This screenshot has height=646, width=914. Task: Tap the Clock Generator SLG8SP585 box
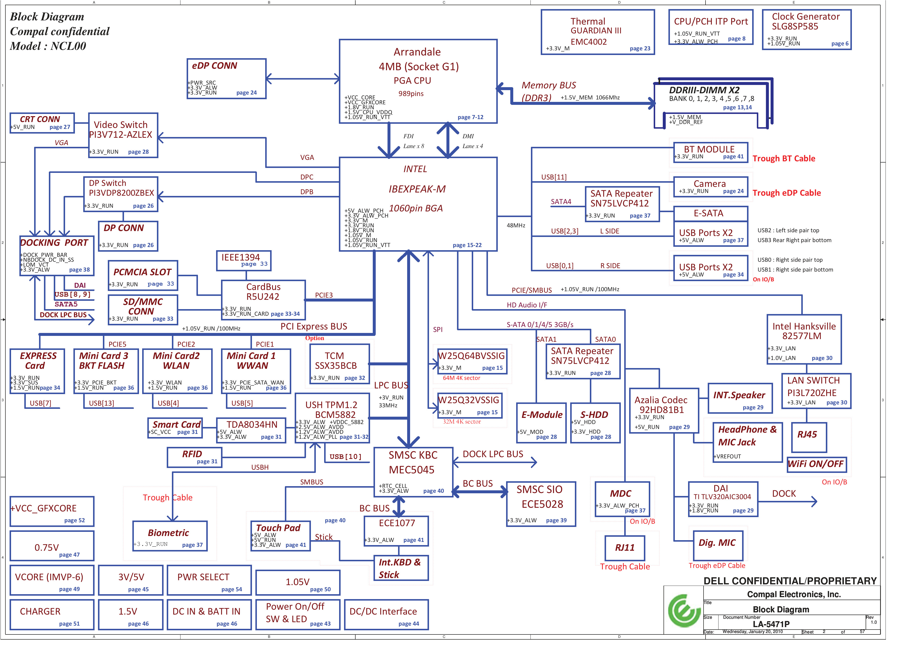[x=806, y=29]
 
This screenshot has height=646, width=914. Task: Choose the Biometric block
[x=170, y=536]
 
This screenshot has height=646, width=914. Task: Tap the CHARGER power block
[x=52, y=615]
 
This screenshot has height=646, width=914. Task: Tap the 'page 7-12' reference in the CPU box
[x=470, y=117]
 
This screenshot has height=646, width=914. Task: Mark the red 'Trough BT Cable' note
[x=783, y=158]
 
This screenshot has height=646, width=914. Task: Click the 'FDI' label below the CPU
[x=408, y=136]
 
